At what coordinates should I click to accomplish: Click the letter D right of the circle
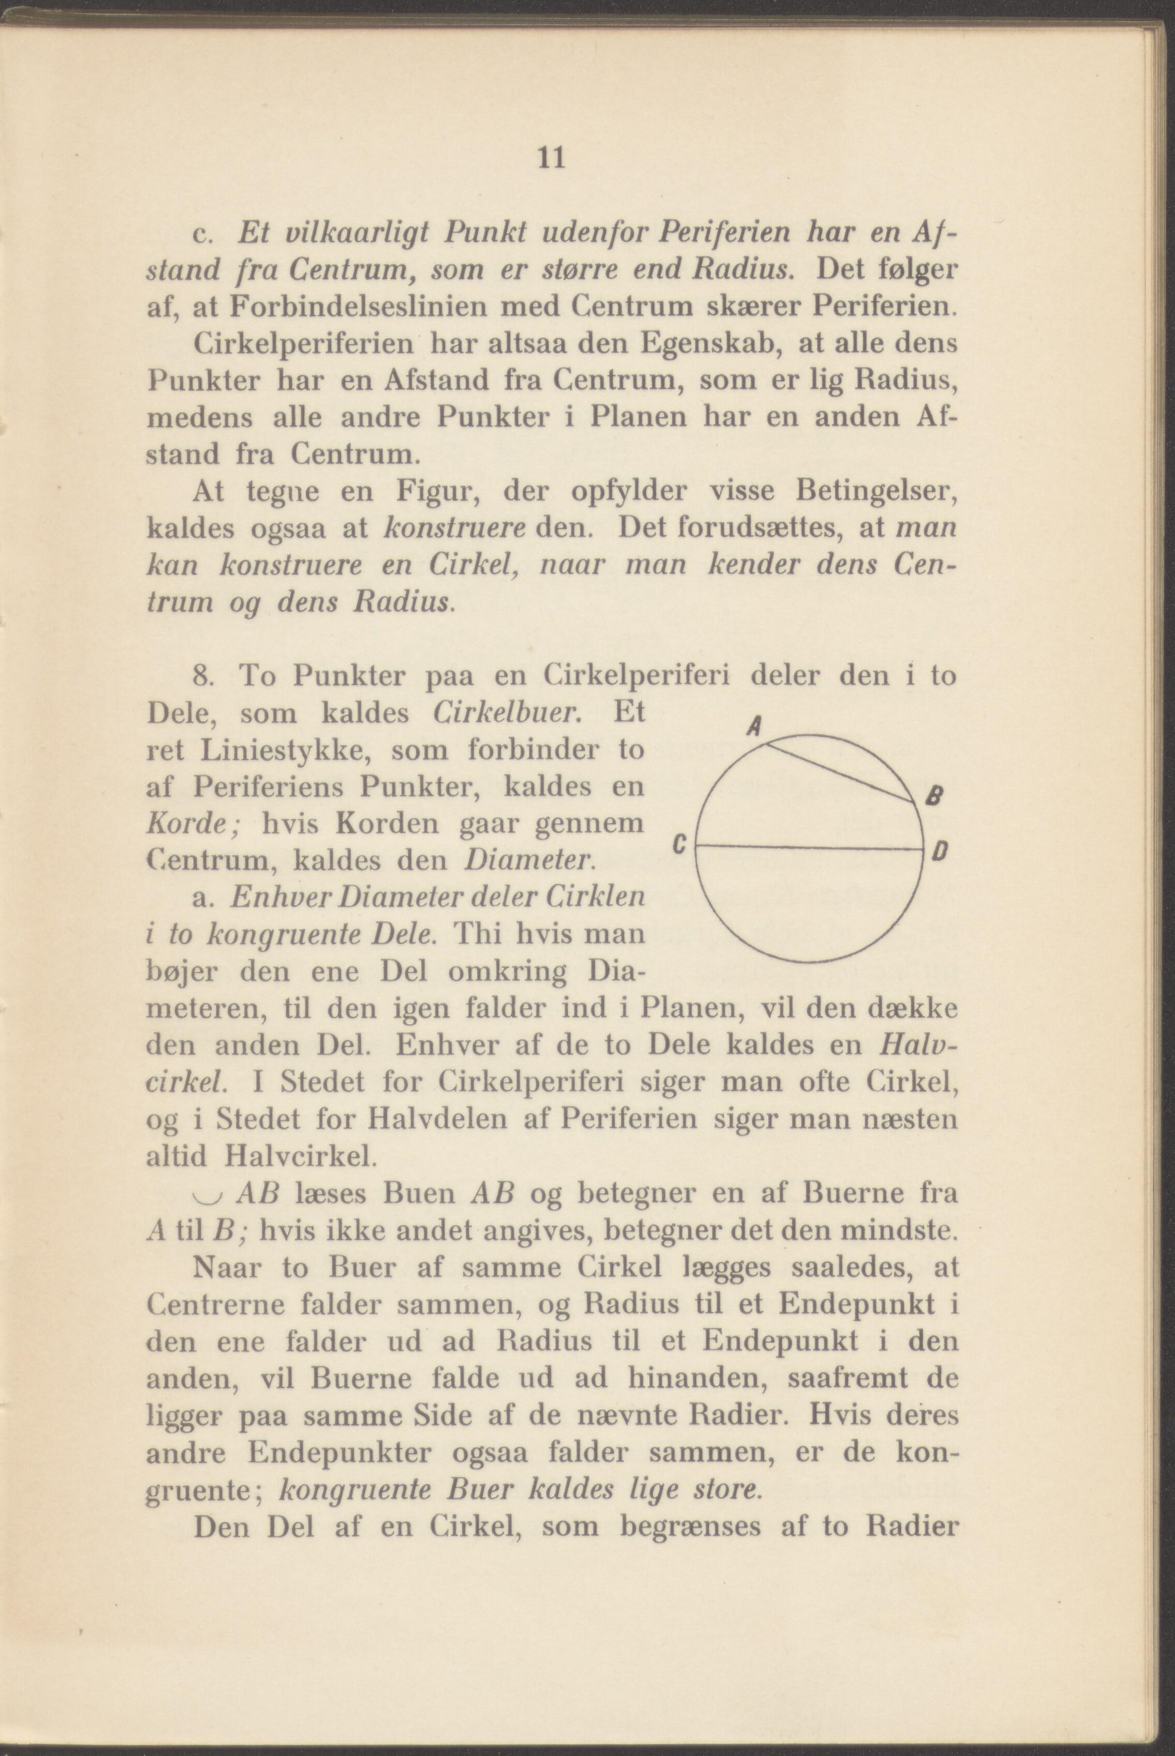[941, 852]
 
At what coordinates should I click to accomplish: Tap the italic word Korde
[194, 824]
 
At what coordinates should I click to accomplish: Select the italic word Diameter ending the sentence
[531, 860]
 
